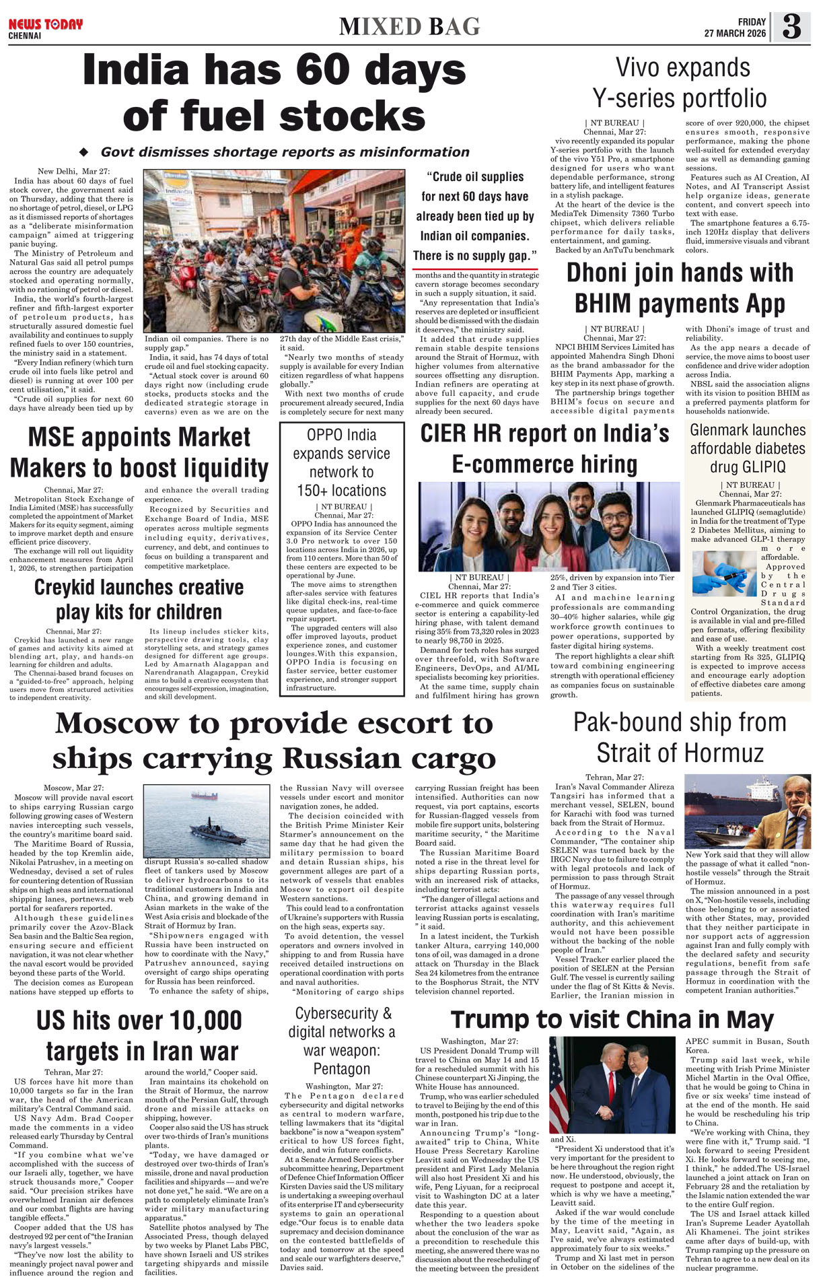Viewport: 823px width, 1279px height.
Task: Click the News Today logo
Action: (45, 25)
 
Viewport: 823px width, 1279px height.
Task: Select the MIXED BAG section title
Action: (410, 27)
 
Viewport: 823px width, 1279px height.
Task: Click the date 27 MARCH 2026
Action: (735, 33)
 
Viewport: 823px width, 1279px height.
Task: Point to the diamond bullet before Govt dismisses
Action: (84, 152)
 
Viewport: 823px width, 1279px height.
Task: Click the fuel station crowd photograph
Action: (274, 250)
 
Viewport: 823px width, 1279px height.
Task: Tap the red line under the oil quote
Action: (475, 269)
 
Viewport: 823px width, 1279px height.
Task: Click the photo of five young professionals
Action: (548, 526)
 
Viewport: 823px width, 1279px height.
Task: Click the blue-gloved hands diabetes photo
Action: (723, 572)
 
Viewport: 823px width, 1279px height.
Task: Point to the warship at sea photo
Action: (207, 821)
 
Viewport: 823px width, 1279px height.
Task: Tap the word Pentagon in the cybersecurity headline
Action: (341, 1068)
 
